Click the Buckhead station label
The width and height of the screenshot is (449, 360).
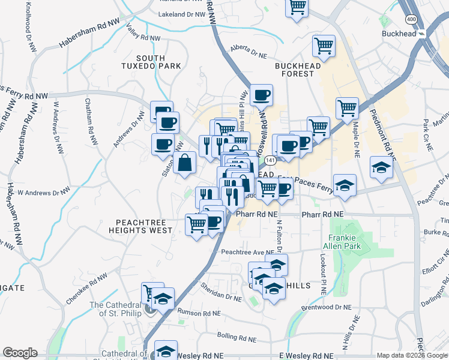pos(399,34)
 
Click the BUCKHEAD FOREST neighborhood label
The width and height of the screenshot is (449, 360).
pos(294,69)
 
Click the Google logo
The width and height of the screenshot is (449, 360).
pos(20,353)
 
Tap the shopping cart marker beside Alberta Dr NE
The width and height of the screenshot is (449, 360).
pos(324,46)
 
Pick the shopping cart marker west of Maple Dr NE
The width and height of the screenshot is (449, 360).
pos(347,108)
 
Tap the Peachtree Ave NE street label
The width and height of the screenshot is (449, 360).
pos(247,253)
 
